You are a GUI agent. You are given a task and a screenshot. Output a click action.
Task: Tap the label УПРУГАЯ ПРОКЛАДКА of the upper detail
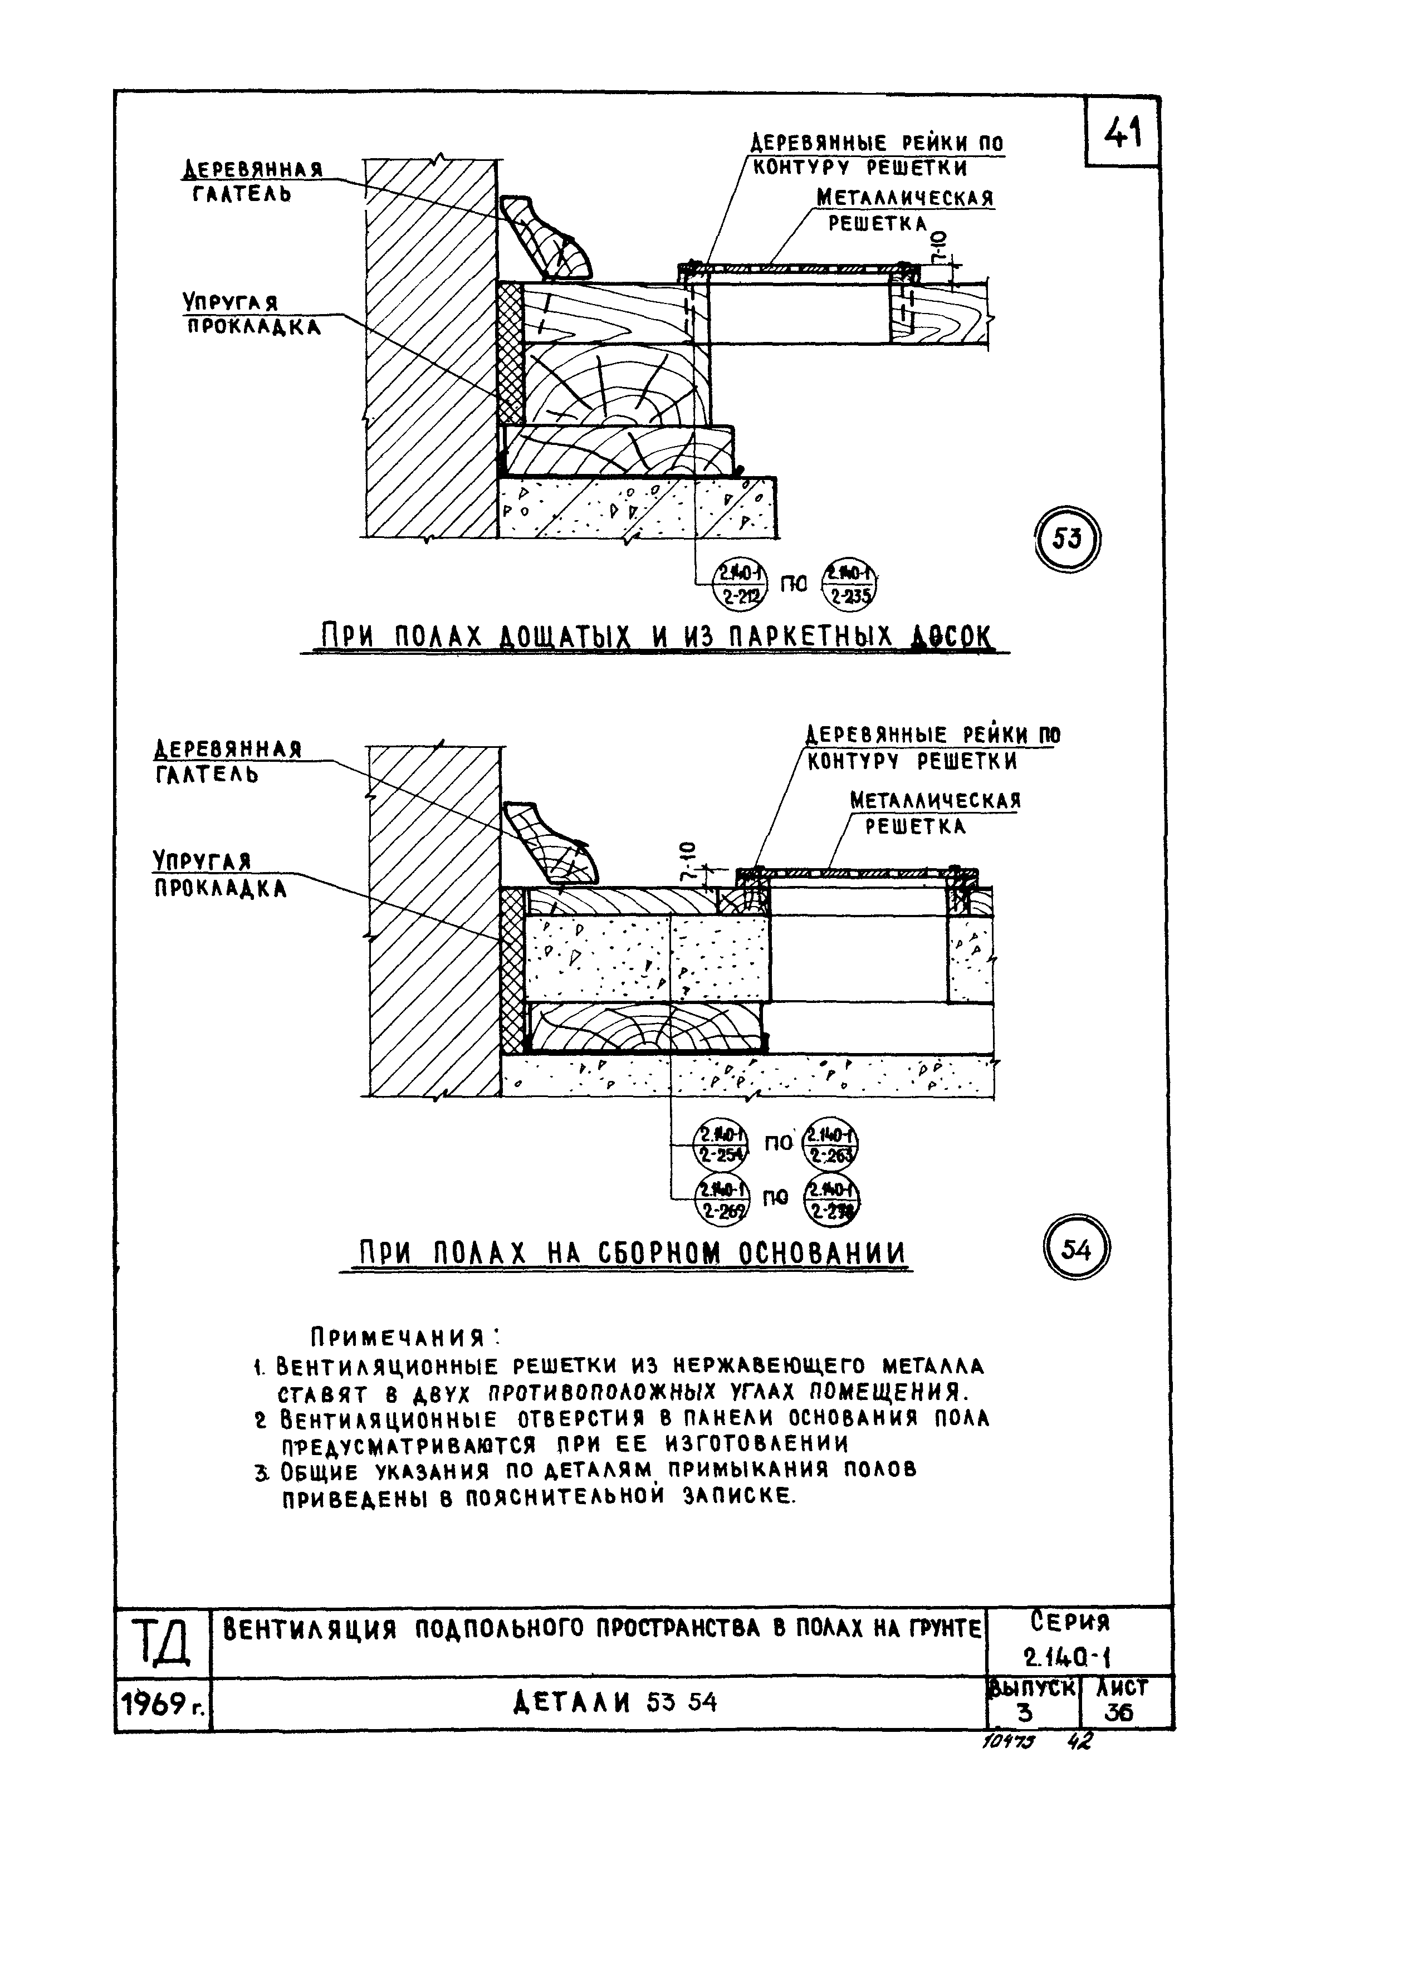[x=250, y=314]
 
